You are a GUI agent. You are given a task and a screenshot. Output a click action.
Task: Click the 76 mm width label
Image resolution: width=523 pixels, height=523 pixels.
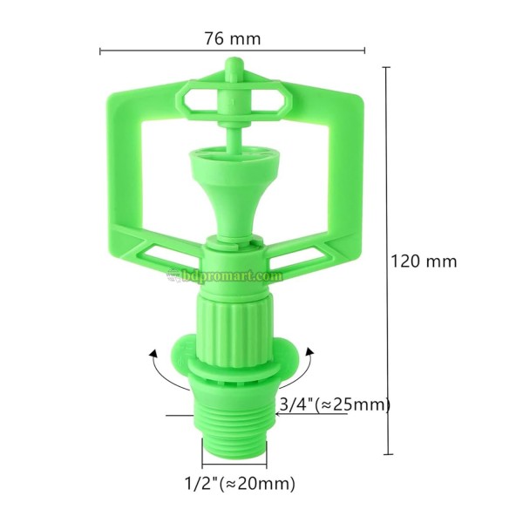[x=233, y=38]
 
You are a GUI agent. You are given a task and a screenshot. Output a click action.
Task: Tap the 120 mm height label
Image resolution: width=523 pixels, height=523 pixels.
[x=424, y=261]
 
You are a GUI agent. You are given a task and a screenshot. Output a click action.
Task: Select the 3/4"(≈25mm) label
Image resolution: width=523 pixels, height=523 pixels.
[x=335, y=404]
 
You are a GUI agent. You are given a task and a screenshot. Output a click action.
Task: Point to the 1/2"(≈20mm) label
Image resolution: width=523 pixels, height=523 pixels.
[x=241, y=483]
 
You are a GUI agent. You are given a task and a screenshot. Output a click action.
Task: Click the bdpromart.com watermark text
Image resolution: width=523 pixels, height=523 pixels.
[x=232, y=275]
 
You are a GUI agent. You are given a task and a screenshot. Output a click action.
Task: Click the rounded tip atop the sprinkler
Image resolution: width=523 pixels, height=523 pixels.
[x=234, y=65]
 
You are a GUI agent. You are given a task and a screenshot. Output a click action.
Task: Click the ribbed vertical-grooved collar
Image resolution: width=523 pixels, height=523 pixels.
[x=234, y=326]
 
